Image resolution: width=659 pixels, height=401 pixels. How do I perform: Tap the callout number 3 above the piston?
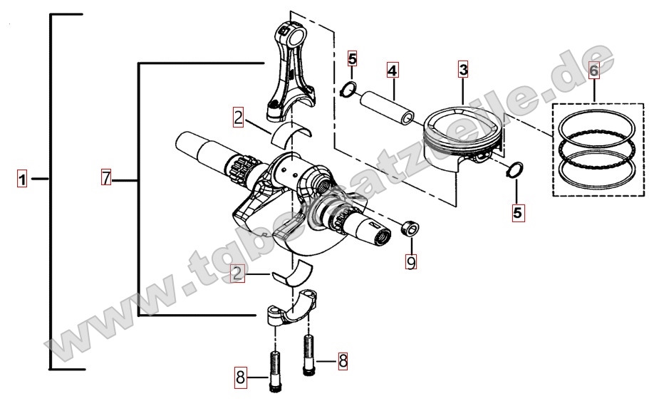pos(463,69)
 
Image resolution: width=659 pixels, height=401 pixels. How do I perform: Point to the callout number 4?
pos(392,70)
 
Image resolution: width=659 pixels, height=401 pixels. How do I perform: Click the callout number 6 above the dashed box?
pos(593,70)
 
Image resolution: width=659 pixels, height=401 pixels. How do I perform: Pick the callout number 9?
pos(411,261)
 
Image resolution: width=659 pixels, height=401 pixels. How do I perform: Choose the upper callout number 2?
pos(238,118)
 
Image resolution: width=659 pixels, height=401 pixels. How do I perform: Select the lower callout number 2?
pos(237,274)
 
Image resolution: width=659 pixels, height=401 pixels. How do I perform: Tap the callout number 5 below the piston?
pos(517,212)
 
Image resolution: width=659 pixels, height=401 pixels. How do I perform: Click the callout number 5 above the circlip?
pos(352,59)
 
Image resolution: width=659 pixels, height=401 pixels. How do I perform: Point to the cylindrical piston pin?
pos(387,108)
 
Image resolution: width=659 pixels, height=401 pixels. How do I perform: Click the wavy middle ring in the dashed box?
pos(597,147)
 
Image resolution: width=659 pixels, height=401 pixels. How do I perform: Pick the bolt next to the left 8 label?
pos(274,372)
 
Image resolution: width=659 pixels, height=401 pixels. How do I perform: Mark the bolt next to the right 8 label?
pos(308,355)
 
